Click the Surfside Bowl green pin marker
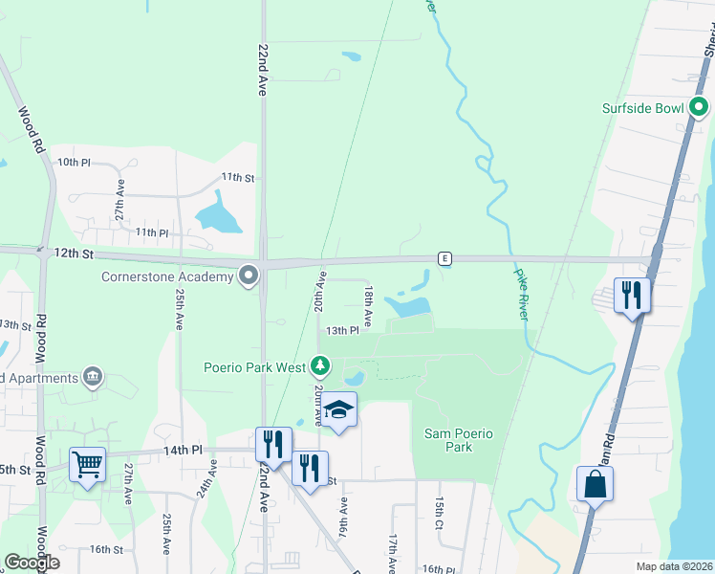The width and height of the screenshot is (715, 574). tap(699, 107)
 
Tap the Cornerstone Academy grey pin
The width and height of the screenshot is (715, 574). tap(249, 277)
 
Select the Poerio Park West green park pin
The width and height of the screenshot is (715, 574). tap(321, 366)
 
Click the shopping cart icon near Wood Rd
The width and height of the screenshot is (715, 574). tap(87, 465)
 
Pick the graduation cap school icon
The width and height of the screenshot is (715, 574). tap(337, 409)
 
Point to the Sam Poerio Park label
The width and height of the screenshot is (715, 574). tap(460, 440)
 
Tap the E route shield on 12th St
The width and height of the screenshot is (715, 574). tap(444, 258)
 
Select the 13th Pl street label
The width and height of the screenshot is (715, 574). tap(341, 330)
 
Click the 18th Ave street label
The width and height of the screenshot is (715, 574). tap(367, 301)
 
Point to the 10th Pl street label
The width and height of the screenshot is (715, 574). tap(73, 163)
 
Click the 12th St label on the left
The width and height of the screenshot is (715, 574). tap(73, 254)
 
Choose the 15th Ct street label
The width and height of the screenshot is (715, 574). tap(440, 514)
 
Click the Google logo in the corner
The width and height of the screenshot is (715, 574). tap(32, 563)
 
